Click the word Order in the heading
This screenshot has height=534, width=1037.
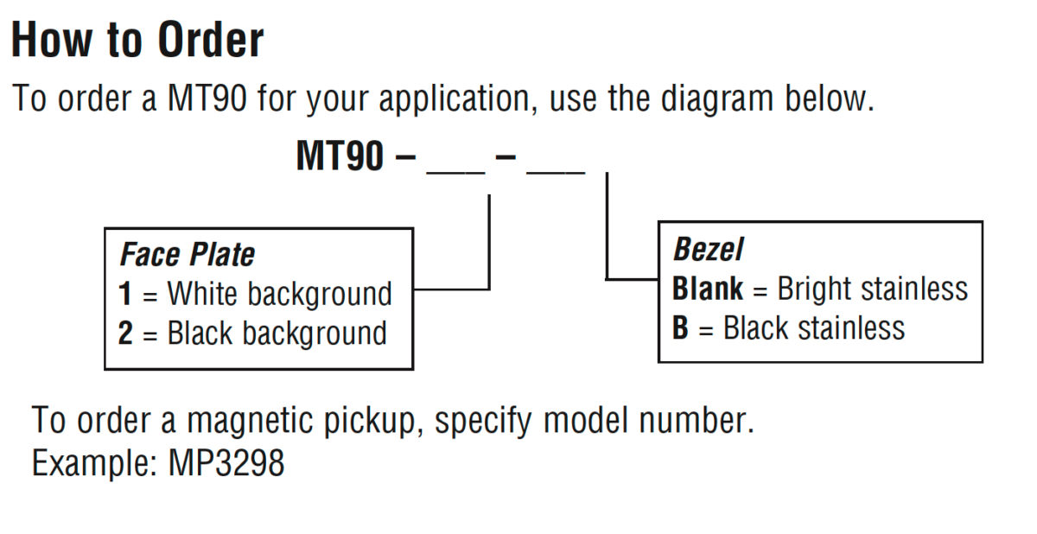click(x=211, y=41)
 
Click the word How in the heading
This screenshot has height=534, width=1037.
click(x=51, y=41)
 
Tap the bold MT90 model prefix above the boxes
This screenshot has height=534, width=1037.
click(x=340, y=156)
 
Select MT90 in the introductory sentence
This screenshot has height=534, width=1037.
click(x=207, y=99)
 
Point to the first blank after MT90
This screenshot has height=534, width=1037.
click(x=455, y=173)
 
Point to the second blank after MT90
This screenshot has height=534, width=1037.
click(x=556, y=173)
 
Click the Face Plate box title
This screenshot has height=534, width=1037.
click(x=187, y=255)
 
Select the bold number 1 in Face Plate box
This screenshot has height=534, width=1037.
click(x=125, y=294)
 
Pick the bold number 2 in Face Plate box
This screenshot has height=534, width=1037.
click(x=125, y=333)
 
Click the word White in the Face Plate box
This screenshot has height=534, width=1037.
click(x=202, y=294)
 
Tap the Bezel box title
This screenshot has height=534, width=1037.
click(x=708, y=249)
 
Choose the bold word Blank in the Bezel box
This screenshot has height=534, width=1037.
click(x=708, y=289)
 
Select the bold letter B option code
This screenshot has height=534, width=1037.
click(x=680, y=327)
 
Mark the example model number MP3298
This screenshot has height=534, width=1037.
click(x=226, y=463)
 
